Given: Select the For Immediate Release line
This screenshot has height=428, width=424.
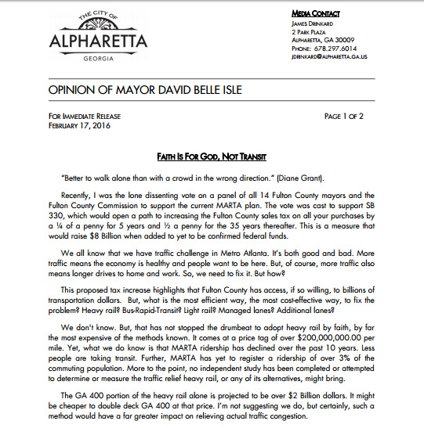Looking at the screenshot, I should coord(85,116).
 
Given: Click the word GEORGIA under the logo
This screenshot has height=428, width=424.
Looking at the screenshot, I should coord(82,58).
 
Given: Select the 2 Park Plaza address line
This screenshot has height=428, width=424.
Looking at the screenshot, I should coord(308,31).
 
